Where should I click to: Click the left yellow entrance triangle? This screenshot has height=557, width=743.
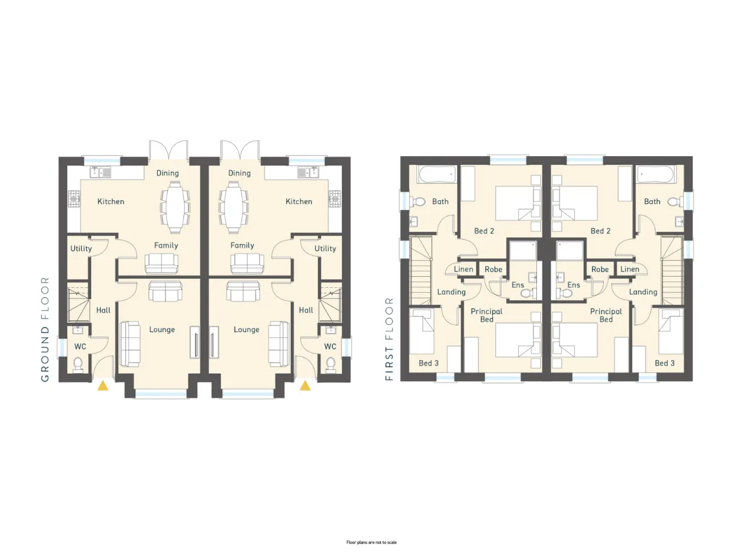pos(103,386)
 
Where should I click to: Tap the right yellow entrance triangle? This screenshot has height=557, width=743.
pos(305,385)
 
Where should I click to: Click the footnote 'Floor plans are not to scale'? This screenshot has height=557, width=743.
pos(371,542)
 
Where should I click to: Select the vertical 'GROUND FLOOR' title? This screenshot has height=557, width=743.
pos(45,329)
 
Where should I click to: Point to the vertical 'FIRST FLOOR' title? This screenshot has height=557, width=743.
pos(389,339)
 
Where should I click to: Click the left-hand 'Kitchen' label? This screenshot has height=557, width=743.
pos(111,201)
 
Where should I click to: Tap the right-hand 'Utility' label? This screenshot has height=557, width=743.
pos(325,248)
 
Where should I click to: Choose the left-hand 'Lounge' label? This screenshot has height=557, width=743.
pos(162,330)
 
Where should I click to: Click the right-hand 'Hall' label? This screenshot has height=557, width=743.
pos(306,310)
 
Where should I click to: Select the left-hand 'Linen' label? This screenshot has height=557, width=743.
pos(463,269)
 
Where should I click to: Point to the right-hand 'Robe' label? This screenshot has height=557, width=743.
pos(600,270)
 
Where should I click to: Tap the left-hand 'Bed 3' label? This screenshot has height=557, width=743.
pos(428,363)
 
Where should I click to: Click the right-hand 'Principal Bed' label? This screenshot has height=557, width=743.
pos(606,315)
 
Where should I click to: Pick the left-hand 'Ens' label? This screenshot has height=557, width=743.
pos(518,285)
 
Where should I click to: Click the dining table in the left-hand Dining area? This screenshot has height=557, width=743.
pos(175,207)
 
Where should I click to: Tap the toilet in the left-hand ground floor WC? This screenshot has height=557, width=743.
pos(78,364)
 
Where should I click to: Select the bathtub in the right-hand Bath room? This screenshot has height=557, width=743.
pos(656,175)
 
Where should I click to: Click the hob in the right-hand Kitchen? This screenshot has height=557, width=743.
pos(335,199)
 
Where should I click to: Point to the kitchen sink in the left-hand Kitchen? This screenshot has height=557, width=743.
pos(100,172)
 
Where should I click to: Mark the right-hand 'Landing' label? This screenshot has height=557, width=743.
pos(643,292)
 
